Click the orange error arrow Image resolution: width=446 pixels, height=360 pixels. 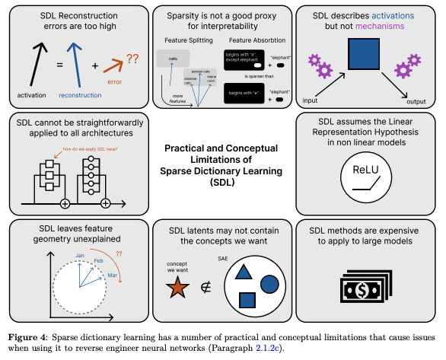(114, 66)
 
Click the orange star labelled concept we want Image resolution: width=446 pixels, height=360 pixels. (176, 287)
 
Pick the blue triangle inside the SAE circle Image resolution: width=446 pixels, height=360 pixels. (243, 272)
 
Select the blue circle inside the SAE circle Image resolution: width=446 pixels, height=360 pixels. (269, 283)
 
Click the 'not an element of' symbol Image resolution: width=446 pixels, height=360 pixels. (203, 287)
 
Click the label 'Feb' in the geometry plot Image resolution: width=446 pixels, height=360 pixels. (97, 260)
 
